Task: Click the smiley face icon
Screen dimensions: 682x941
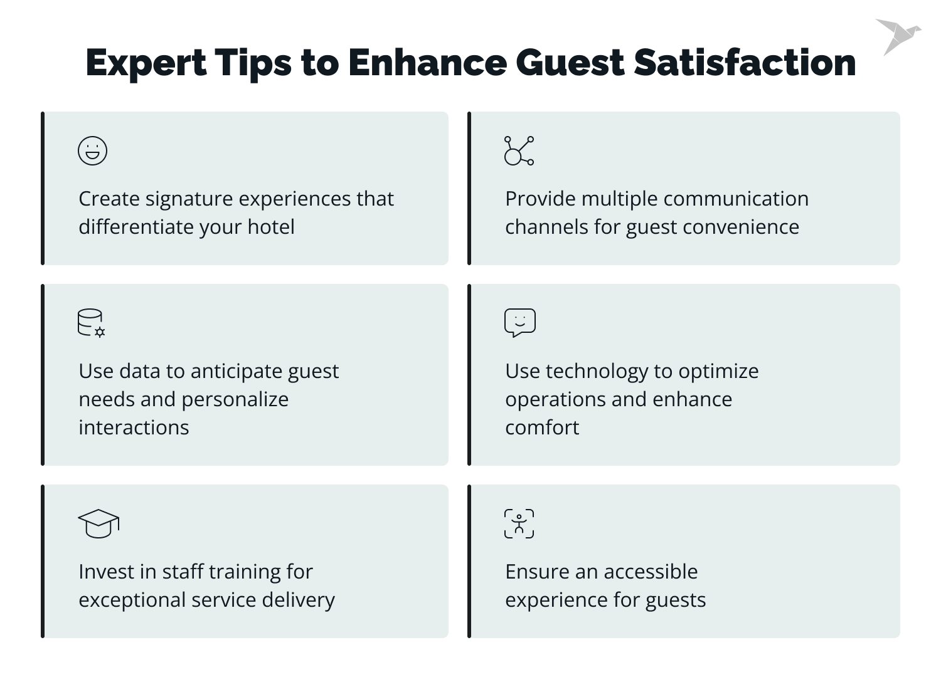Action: pyautogui.click(x=92, y=151)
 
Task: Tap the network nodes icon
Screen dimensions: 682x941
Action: pyautogui.click(x=519, y=151)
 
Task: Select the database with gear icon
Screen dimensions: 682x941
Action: pyautogui.click(x=91, y=323)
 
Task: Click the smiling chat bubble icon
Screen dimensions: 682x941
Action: pyautogui.click(x=519, y=323)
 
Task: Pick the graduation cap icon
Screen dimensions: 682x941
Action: pyautogui.click(x=98, y=523)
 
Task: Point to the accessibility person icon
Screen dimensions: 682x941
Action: pyautogui.click(x=519, y=523)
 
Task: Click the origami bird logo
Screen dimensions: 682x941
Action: pyautogui.click(x=897, y=36)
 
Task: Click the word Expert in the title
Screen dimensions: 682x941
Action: pyautogui.click(x=146, y=63)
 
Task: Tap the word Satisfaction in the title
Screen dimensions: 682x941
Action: pyautogui.click(x=745, y=63)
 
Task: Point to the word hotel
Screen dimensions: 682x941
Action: pyautogui.click(x=270, y=227)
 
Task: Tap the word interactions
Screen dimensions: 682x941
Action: pyautogui.click(x=134, y=428)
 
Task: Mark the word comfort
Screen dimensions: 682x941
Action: pyautogui.click(x=542, y=428)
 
